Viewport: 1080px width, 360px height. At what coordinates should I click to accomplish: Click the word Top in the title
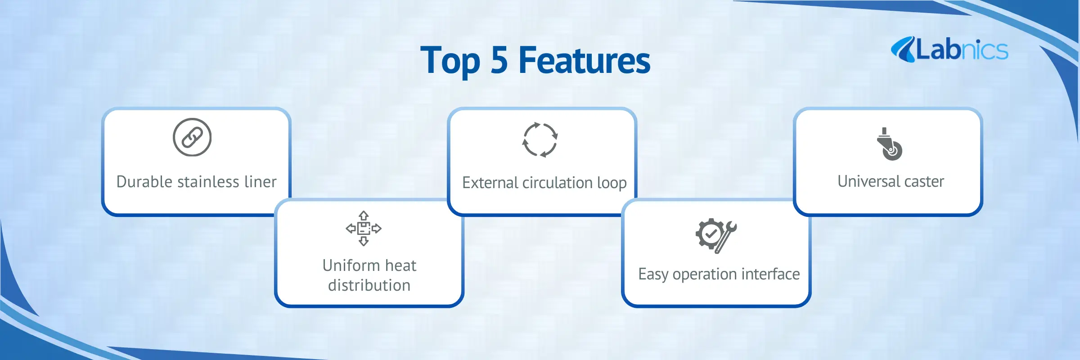tap(450, 61)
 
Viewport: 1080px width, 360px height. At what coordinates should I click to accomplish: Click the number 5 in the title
tap(499, 60)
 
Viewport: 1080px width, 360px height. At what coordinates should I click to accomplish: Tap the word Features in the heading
tap(585, 60)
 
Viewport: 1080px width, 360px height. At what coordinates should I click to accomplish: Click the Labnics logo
tap(949, 49)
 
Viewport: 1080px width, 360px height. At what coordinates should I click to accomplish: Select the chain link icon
tap(192, 137)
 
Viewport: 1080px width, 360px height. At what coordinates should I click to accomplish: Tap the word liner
tap(261, 181)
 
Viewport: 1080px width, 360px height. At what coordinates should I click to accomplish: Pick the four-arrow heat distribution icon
tap(364, 228)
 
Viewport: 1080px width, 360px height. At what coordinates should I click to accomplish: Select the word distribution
tap(369, 285)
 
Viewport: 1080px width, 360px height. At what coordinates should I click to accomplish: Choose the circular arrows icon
tap(540, 139)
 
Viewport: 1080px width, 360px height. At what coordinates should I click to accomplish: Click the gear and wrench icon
tap(716, 236)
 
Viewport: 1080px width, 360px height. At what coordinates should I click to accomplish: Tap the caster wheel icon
tap(889, 144)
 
